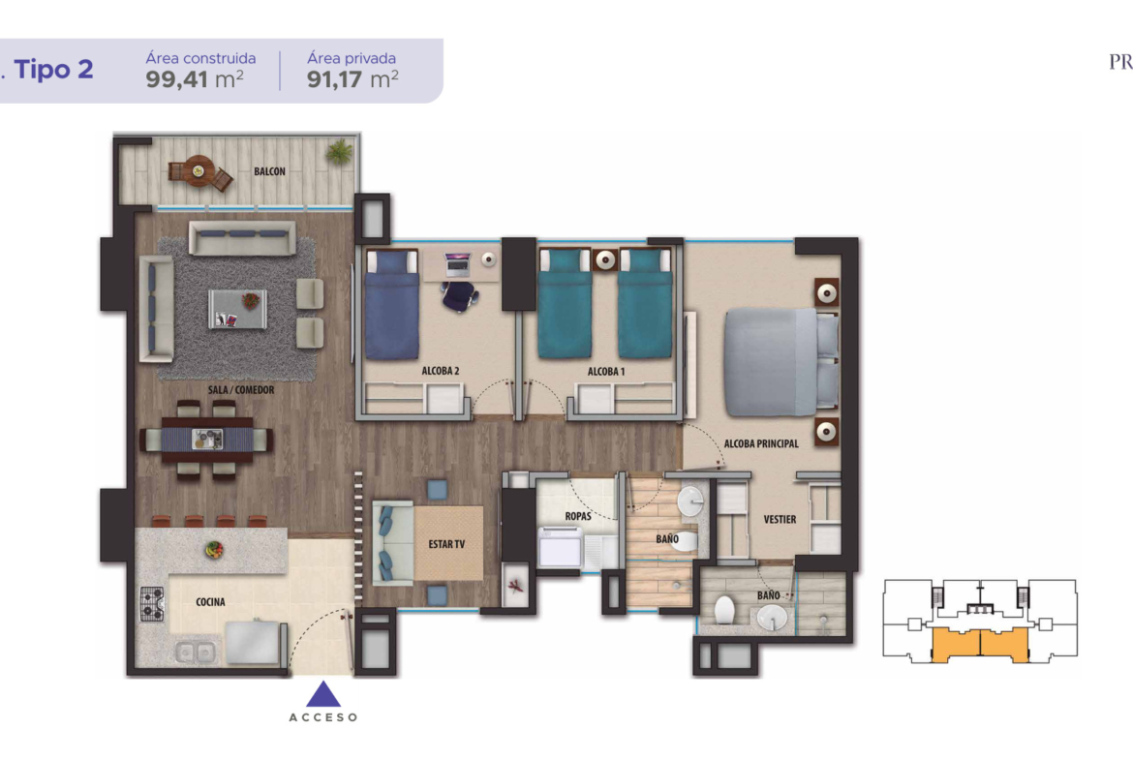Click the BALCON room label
[x=269, y=171]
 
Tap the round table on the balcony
[x=198, y=171]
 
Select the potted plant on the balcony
[x=339, y=152]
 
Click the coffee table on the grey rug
[x=237, y=309]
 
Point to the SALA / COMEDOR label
[x=241, y=390]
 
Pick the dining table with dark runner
[x=207, y=440]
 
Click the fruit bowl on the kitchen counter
[x=213, y=550]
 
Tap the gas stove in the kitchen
[x=152, y=604]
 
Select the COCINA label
[x=210, y=602]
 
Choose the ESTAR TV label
[x=446, y=544]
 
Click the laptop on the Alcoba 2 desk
[x=457, y=264]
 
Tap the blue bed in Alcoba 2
[x=391, y=304]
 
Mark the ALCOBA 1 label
[x=606, y=372]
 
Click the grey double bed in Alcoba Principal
[x=781, y=362]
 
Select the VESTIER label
[x=780, y=520]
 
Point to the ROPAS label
[x=578, y=517]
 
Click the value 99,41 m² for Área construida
[x=195, y=78]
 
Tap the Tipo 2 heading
[x=53, y=70]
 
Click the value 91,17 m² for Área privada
[x=352, y=78]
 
